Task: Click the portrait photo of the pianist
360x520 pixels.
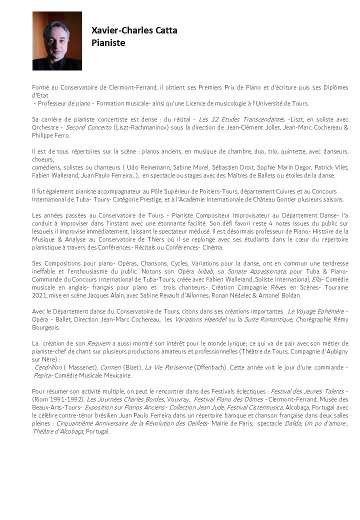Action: [57, 41]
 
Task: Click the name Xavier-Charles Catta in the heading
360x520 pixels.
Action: [134, 30]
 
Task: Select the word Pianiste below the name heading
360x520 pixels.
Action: [108, 43]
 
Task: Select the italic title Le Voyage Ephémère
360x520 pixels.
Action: [316, 311]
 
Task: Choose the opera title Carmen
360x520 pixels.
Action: [110, 367]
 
